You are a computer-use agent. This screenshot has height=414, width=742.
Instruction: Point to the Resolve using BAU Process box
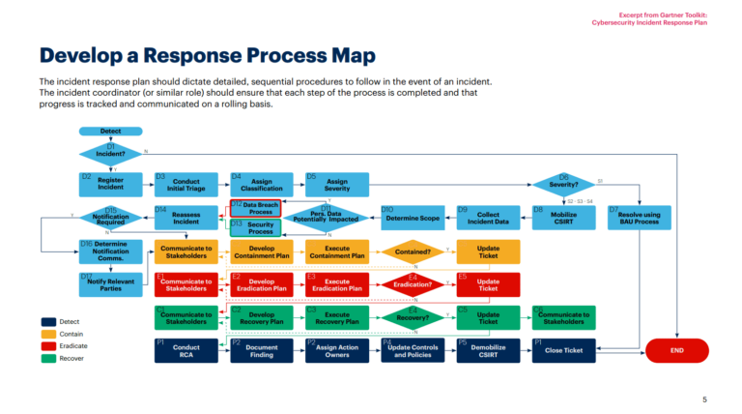coord(639,218)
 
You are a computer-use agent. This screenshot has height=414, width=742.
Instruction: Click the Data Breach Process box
coord(255,208)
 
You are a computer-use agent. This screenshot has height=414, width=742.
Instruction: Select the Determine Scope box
coord(413,219)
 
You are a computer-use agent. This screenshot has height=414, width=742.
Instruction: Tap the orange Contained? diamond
coord(413,251)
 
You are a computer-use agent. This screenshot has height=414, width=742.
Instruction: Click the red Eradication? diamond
coord(413,284)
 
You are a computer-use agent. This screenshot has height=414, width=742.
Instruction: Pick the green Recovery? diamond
coord(413,317)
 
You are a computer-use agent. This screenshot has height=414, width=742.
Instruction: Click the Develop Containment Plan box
coord(261,251)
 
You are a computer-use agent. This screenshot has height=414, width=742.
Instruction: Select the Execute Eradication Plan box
coord(336,284)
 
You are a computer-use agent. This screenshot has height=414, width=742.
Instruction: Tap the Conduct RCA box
coord(185,350)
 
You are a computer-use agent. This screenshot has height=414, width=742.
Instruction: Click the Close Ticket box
coord(563,350)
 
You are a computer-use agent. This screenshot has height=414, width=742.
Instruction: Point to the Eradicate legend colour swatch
coord(49,345)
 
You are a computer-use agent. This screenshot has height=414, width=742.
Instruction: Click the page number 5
coord(704,399)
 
